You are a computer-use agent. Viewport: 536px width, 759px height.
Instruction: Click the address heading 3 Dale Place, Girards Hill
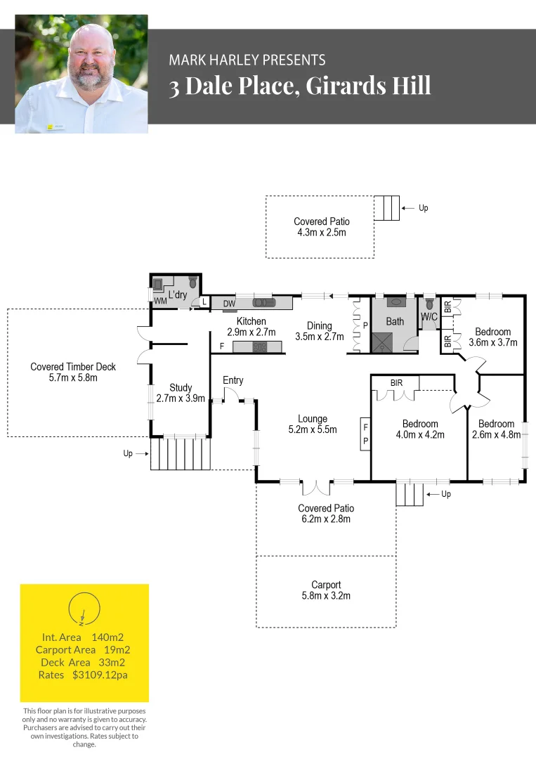299,86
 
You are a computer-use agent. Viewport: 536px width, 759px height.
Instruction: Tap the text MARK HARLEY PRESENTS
247,60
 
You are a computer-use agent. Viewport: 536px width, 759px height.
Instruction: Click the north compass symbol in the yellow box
84,609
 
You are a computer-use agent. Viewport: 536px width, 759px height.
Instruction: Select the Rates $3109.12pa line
83,675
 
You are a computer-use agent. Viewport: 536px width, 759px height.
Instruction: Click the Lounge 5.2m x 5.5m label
313,424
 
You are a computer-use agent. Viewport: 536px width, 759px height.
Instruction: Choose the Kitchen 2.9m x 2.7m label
251,327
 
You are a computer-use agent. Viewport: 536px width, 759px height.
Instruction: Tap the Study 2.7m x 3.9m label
181,393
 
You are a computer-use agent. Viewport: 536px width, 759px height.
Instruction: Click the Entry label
233,380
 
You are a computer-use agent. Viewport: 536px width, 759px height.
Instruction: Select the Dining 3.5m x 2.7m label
319,331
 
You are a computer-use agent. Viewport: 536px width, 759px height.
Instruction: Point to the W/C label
429,318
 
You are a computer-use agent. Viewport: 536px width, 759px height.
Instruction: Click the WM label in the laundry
161,301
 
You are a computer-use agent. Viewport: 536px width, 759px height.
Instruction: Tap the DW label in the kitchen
229,304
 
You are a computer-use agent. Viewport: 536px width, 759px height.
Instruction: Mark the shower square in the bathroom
383,342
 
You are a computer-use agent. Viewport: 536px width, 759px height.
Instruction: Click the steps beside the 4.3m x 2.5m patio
386,208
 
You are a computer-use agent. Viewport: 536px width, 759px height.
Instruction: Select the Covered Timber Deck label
73,372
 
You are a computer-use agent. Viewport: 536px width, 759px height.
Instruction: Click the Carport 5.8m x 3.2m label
326,590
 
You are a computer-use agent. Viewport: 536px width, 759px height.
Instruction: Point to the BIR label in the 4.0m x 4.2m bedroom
397,383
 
